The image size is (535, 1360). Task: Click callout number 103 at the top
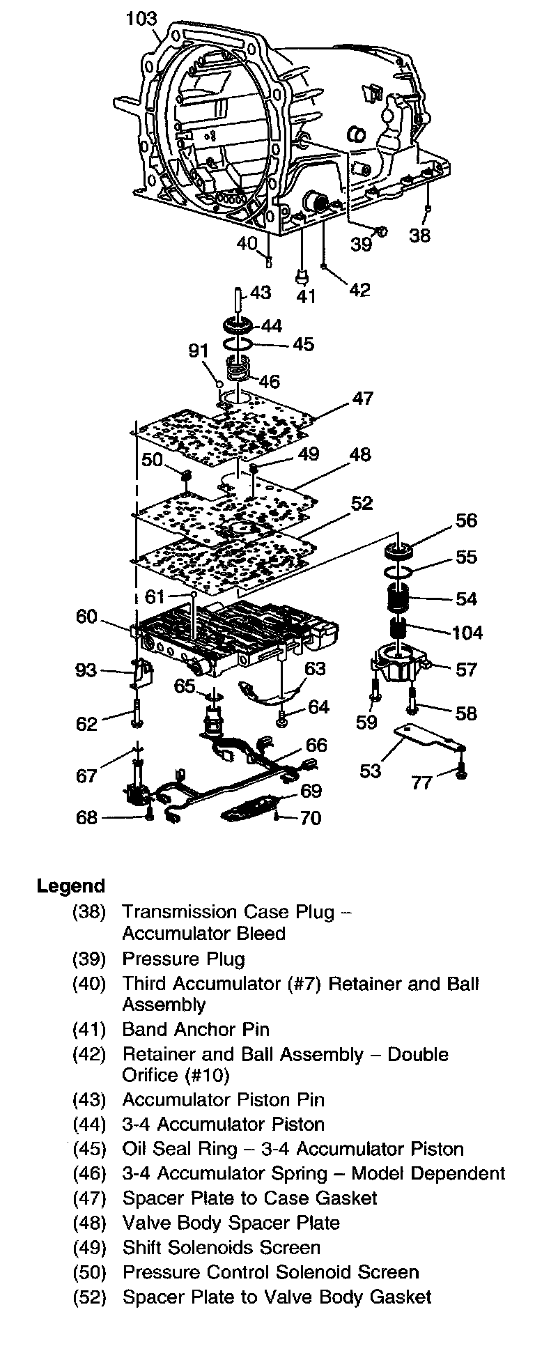click(x=141, y=18)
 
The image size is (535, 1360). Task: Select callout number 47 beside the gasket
click(x=363, y=399)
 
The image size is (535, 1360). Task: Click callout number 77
click(x=421, y=782)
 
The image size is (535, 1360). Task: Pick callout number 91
click(x=199, y=350)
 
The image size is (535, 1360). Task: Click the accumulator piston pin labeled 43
click(x=238, y=298)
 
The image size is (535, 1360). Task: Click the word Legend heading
click(x=70, y=886)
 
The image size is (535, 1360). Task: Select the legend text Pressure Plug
click(x=183, y=959)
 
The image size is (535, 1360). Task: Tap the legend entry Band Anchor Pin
click(x=195, y=1029)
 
